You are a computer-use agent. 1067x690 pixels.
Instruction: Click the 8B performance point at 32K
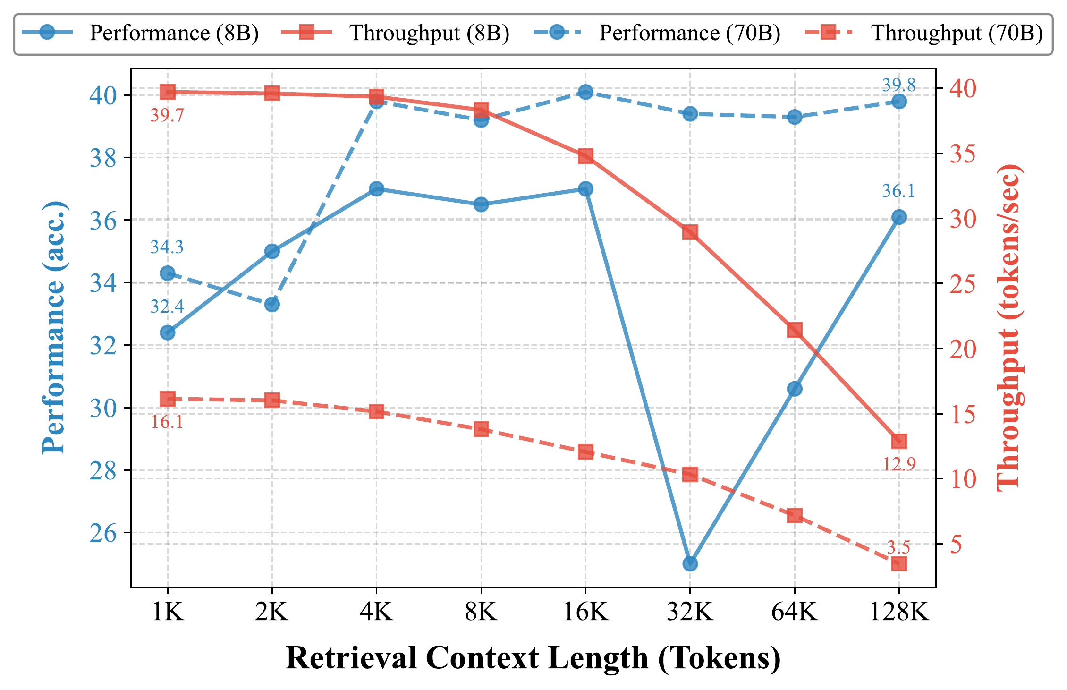[690, 563]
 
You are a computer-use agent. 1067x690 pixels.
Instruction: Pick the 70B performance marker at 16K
[586, 92]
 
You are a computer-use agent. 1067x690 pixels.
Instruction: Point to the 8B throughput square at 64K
[795, 330]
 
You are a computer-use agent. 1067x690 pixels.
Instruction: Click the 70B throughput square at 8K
[481, 429]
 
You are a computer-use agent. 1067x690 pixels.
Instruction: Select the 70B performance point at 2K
[272, 305]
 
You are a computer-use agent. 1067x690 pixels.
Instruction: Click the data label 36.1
[898, 191]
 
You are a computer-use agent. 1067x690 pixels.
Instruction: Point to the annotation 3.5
[898, 548]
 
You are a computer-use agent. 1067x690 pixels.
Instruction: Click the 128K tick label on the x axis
[899, 613]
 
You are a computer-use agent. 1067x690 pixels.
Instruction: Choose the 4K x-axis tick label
[376, 613]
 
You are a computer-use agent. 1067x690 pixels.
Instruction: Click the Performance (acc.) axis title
[53, 327]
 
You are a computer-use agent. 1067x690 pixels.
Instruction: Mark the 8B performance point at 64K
[795, 389]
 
